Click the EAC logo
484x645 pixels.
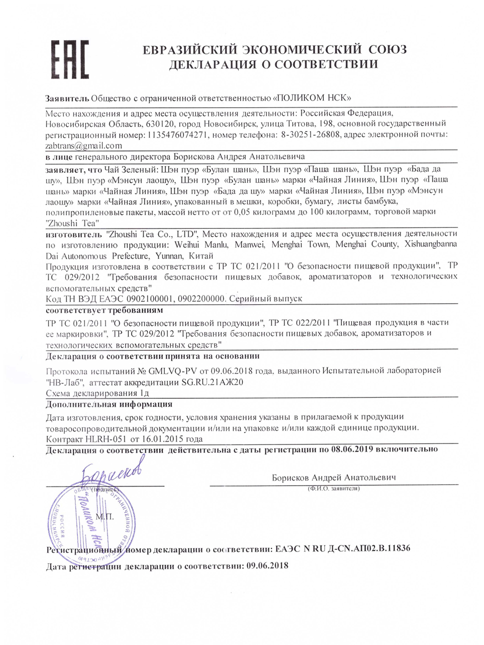click(x=69, y=59)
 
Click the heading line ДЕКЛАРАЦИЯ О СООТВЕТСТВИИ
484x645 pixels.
click(x=274, y=64)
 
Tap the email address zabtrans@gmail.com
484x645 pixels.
click(x=84, y=146)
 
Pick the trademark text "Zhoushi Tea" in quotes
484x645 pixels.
click(x=73, y=223)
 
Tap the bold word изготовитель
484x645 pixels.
click(x=74, y=234)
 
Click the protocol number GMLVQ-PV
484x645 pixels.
click(x=173, y=370)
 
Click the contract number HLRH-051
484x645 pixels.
click(x=106, y=439)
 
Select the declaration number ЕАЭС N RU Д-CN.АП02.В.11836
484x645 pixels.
click(x=342, y=548)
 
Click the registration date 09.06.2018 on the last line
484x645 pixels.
click(x=267, y=566)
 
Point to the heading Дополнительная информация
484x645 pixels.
click(x=109, y=404)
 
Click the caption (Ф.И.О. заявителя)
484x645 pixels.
click(x=334, y=488)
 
